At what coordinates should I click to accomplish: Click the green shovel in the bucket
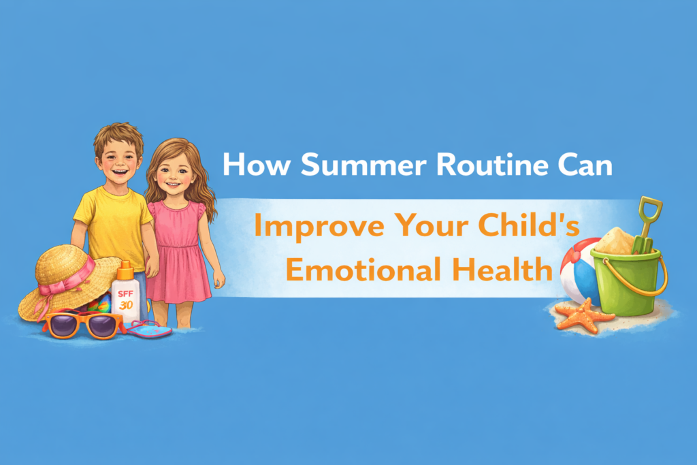coord(646,224)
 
